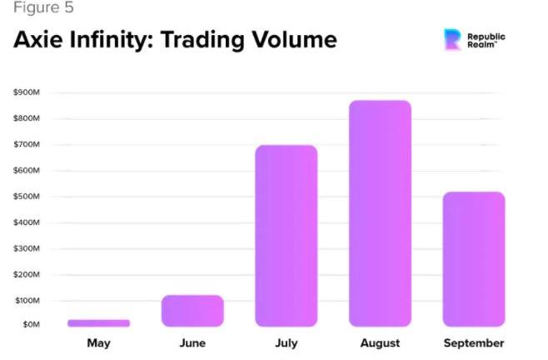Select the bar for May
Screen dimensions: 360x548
pyautogui.click(x=98, y=322)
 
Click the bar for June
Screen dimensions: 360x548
pyautogui.click(x=192, y=311)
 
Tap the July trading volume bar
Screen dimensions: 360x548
pyautogui.click(x=286, y=236)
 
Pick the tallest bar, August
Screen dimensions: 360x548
pyautogui.click(x=380, y=213)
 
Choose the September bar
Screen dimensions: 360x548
pyautogui.click(x=473, y=259)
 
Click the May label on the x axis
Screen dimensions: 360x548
pyautogui.click(x=98, y=343)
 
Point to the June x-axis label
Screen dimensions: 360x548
pyautogui.click(x=192, y=343)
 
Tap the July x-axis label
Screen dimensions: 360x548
pyautogui.click(x=286, y=343)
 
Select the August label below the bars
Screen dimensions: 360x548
pyautogui.click(x=380, y=343)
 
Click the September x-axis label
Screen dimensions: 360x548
pyautogui.click(x=473, y=343)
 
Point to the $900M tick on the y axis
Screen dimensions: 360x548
pyautogui.click(x=27, y=92)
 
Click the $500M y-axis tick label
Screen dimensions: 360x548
pyautogui.click(x=27, y=197)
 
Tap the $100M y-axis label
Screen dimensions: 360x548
pyautogui.click(x=27, y=300)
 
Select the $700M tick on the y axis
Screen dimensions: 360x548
pyautogui.click(x=27, y=145)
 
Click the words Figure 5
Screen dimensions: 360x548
pyautogui.click(x=43, y=8)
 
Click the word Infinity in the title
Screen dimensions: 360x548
pyautogui.click(x=113, y=39)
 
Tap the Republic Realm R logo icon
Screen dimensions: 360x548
pyautogui.click(x=452, y=39)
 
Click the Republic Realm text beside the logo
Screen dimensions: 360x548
pyautogui.click(x=486, y=40)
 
